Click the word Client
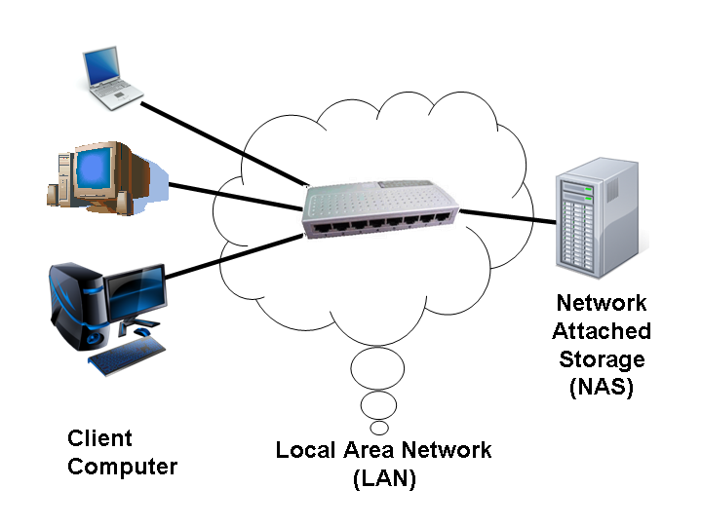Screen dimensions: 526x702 [x=99, y=438]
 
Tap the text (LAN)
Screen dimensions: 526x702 [x=383, y=479]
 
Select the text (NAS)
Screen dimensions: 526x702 [x=602, y=387]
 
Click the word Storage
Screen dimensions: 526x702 [x=602, y=358]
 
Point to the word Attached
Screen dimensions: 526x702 [x=602, y=330]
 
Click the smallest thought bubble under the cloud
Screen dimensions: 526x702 [x=380, y=428]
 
